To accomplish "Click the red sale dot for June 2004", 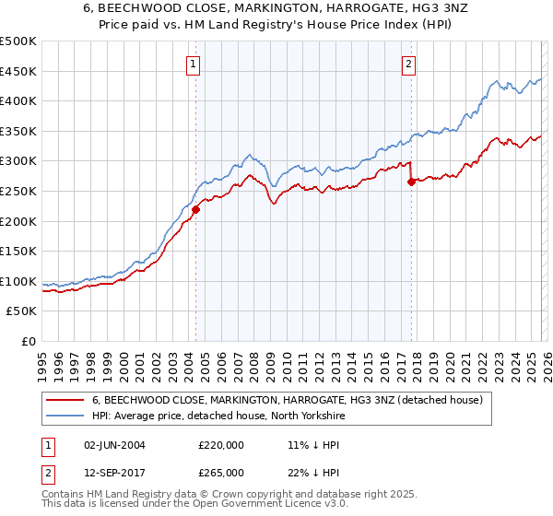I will pos(195,209).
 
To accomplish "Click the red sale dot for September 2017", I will pos(411,182).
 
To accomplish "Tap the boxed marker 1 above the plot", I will pos(194,64).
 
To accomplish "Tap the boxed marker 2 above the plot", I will pos(407,64).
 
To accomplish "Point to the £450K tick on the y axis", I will pos(18,71).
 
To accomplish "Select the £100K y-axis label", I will pos(18,281).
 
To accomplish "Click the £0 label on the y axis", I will pos(29,341).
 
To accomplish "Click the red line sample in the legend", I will pos(65,400).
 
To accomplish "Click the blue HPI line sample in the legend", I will pos(65,416).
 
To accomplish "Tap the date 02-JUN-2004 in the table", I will pos(115,445).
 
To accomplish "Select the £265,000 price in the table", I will pos(221,472).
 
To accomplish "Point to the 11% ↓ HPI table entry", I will pos(300,445).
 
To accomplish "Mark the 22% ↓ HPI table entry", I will pos(300,472).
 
